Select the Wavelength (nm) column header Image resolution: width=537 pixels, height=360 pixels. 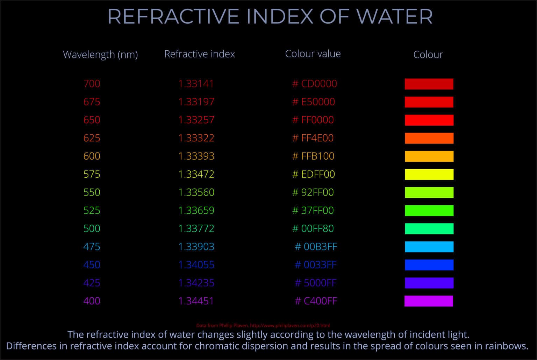100,55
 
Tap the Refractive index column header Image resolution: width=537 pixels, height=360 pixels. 199,54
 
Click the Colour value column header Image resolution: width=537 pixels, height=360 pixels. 313,54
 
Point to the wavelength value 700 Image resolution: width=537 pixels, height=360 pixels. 92,84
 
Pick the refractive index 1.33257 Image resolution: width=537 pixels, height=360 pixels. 196,120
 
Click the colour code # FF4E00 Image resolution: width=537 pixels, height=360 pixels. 313,138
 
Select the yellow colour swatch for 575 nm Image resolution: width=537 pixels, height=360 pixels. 429,174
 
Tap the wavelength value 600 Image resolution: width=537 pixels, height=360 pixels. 92,156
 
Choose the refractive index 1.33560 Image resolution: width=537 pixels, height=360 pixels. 196,192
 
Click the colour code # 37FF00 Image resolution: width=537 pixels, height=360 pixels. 313,210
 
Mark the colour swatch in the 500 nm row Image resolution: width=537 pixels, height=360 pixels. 429,228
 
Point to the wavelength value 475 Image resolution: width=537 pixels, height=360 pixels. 92,247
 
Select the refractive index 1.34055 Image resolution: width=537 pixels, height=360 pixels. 196,265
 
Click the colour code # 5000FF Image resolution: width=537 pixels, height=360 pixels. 316,283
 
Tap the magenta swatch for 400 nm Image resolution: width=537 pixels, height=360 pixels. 429,301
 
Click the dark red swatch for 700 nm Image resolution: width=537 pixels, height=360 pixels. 429,84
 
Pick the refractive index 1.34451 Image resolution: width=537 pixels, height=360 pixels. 196,301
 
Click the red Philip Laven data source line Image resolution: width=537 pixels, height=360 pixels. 263,325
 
